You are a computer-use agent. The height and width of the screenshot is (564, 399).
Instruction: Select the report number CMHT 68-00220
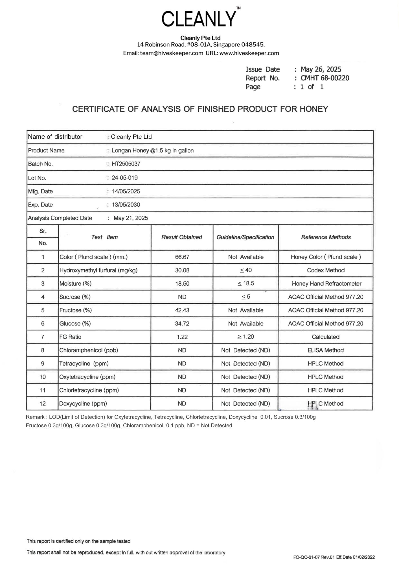(x=325, y=78)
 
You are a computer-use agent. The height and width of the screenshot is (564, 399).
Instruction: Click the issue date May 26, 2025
(x=321, y=69)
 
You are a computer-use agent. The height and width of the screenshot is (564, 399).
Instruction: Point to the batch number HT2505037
(x=126, y=164)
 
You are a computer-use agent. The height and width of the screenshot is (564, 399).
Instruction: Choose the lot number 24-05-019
(x=125, y=178)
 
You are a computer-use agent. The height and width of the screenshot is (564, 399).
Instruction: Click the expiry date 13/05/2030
(x=126, y=205)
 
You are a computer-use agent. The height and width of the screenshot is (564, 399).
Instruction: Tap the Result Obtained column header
(x=182, y=237)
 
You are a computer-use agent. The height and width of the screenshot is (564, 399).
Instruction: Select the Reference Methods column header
(x=326, y=237)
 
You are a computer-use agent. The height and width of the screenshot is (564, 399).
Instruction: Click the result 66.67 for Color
(x=182, y=257)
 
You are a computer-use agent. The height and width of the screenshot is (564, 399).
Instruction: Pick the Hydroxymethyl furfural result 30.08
(x=182, y=270)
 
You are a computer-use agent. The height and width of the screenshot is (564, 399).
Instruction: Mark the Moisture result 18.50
(x=182, y=284)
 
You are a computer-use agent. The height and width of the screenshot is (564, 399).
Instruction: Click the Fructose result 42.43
(x=182, y=310)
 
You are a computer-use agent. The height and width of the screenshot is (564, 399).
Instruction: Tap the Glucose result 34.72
(x=182, y=323)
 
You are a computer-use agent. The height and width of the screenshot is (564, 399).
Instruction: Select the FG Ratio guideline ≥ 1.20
(x=245, y=337)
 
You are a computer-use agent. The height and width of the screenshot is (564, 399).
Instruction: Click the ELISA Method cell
(x=326, y=350)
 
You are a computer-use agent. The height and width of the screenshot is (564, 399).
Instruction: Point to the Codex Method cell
(x=326, y=270)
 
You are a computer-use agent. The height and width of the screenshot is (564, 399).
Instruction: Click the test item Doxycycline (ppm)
(x=83, y=404)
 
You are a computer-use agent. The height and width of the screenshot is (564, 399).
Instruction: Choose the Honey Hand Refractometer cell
(x=326, y=284)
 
